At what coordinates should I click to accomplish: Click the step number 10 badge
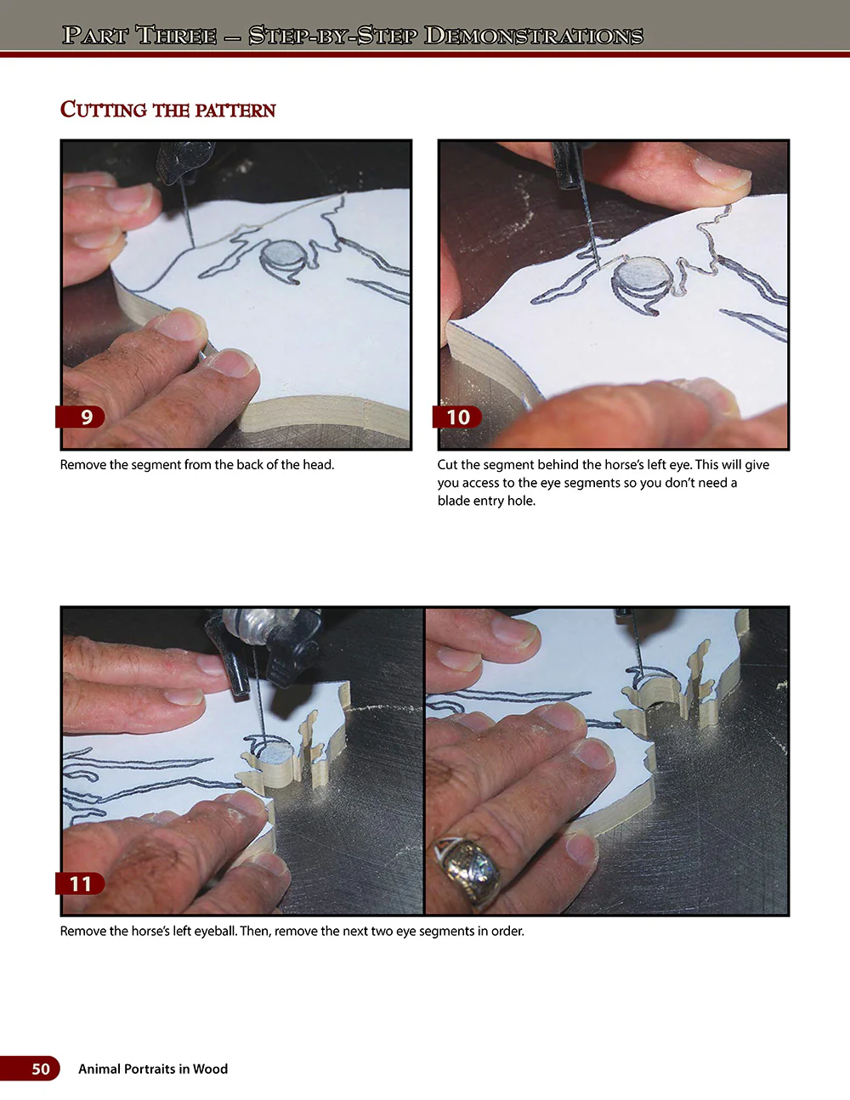coord(459,417)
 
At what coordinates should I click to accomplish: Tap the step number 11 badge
coord(81,883)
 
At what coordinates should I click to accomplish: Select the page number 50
coord(40,1069)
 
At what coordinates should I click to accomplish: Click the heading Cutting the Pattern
coord(167,110)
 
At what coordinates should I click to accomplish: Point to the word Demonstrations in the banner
coord(533,35)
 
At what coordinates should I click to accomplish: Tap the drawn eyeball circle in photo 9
coord(281,255)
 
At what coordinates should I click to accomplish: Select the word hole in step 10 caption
coord(520,501)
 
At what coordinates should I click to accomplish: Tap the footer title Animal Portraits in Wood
coord(153,1069)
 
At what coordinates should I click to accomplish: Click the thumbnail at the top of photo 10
coord(719,169)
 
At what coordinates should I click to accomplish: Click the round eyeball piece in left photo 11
coord(274,753)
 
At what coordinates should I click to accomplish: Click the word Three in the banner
coord(176,35)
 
